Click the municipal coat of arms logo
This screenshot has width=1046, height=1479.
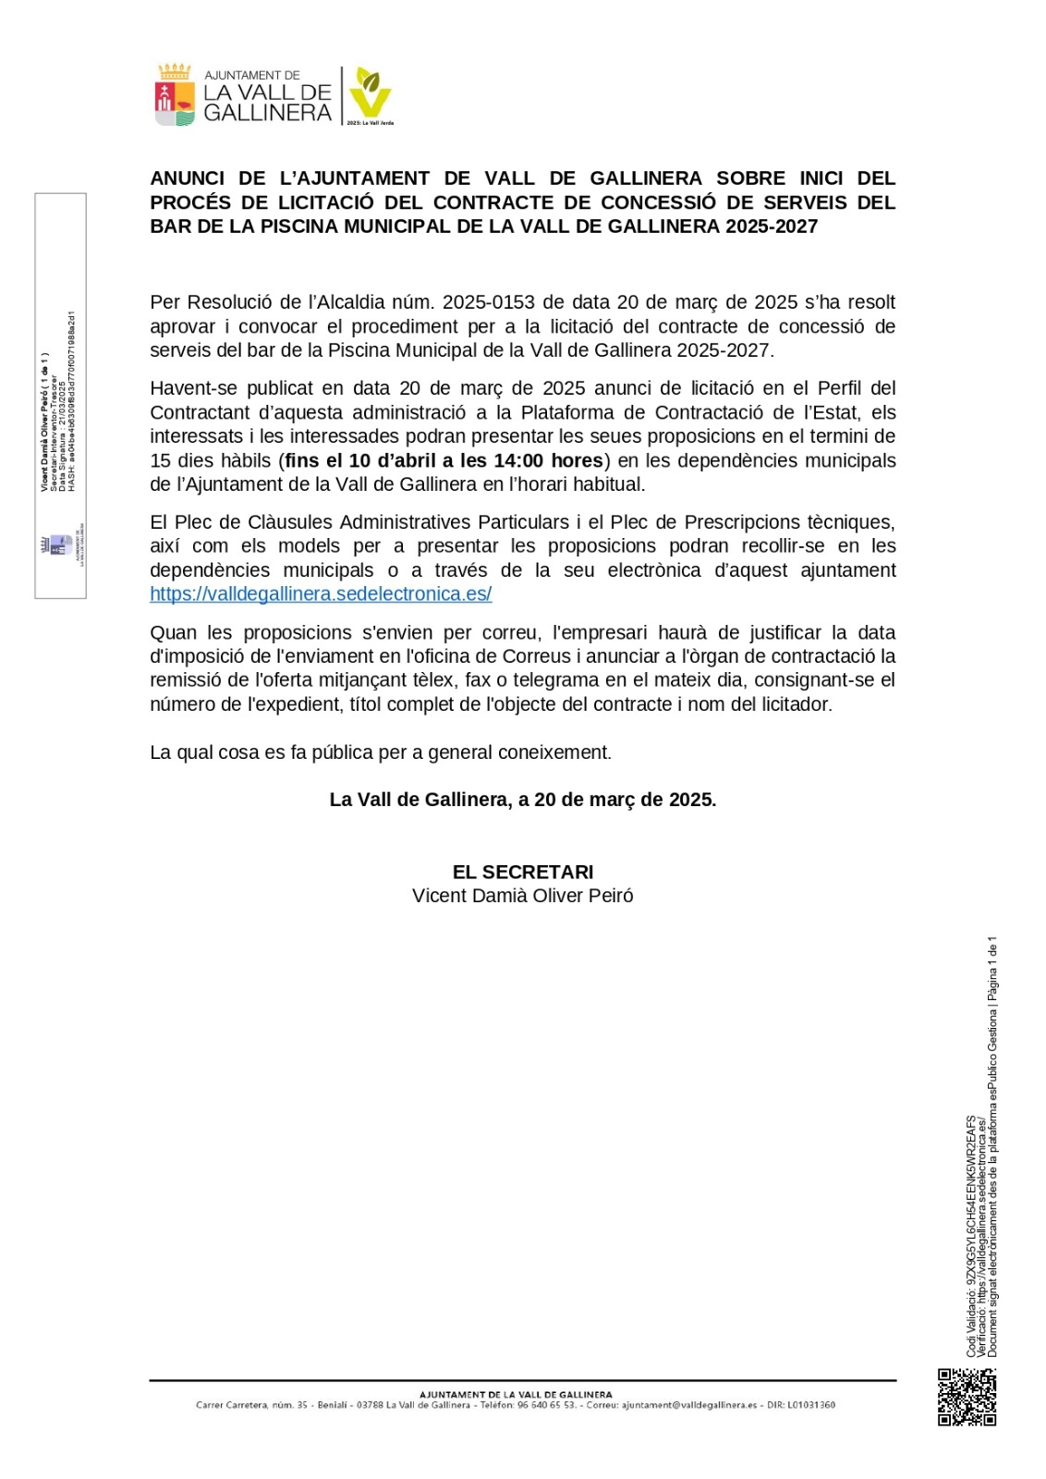(x=174, y=95)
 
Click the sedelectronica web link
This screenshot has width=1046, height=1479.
(x=321, y=594)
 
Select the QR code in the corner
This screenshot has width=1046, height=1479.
(x=967, y=1397)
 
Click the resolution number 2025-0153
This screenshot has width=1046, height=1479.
(x=488, y=302)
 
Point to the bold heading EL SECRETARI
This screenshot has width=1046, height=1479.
(x=523, y=872)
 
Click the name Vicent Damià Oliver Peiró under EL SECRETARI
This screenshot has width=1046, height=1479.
(x=523, y=896)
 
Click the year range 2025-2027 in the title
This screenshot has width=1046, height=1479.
(x=772, y=226)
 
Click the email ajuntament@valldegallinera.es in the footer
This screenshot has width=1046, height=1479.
(x=689, y=1405)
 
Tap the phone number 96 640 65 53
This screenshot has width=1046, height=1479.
(x=545, y=1405)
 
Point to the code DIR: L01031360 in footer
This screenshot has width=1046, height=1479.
(x=801, y=1405)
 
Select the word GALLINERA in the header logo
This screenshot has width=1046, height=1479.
(x=267, y=113)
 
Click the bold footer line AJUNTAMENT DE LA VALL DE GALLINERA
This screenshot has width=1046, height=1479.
(x=516, y=1394)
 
